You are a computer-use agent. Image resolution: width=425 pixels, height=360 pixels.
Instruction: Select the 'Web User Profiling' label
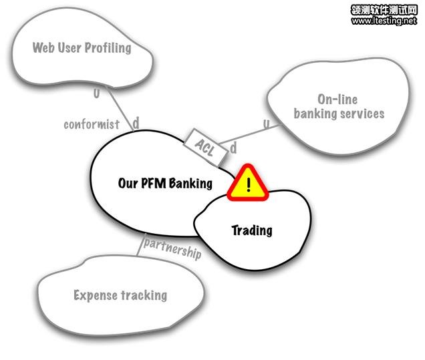coord(82,48)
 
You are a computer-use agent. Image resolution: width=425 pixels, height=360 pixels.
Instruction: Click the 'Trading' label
coord(252,230)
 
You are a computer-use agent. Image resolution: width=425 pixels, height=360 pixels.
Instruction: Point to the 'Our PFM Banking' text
coord(165,183)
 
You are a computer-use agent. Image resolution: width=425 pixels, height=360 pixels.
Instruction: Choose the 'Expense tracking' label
coord(120,295)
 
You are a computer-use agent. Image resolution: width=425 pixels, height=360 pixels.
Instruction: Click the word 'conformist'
coord(92,124)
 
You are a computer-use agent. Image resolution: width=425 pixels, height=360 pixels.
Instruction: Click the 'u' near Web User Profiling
coord(96,94)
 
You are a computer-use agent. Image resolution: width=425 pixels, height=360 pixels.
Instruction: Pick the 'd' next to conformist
coord(135,123)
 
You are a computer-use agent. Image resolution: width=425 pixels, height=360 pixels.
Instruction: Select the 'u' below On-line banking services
coord(266,125)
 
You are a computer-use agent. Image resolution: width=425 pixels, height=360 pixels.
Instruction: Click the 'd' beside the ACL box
coord(233,148)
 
